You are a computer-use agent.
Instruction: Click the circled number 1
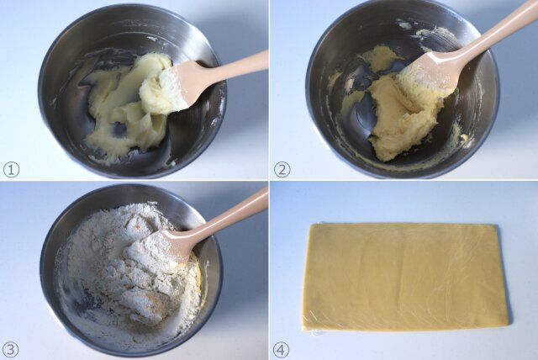(x=11, y=170)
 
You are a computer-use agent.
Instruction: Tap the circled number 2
(x=282, y=170)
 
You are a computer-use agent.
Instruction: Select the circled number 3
(x=11, y=350)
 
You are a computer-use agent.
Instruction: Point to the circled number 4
(x=281, y=350)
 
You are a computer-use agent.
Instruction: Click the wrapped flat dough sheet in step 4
(x=405, y=278)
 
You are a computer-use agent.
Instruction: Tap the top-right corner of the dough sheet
(x=497, y=225)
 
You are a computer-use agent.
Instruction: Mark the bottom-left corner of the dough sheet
(x=303, y=330)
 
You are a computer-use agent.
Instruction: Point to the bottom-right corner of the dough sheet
(x=508, y=324)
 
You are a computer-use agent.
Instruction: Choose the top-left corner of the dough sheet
(x=311, y=225)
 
